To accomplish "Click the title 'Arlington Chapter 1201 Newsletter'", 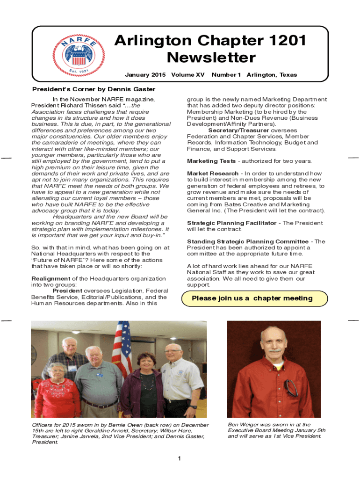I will [210, 49].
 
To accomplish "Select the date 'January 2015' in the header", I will [145, 75].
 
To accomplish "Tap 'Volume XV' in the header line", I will [188, 75].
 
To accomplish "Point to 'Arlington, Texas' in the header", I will [272, 75].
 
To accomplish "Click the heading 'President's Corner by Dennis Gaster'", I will [93, 89].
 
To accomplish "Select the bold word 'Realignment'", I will [50, 278].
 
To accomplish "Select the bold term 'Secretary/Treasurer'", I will [238, 131].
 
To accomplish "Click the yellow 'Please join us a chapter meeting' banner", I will [252, 298].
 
